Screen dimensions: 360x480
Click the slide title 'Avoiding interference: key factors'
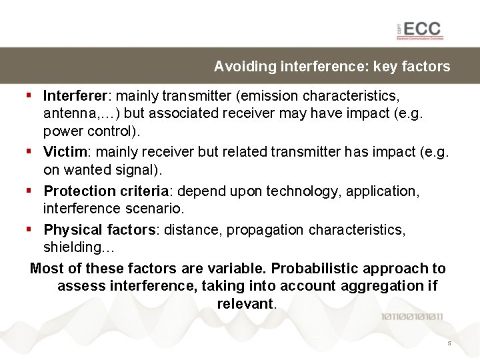[331, 67]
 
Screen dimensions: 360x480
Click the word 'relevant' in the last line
[244, 303]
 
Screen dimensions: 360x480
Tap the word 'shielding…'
[79, 248]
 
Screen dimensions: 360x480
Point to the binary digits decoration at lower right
[411, 317]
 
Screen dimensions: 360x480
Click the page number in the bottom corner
[449, 344]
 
